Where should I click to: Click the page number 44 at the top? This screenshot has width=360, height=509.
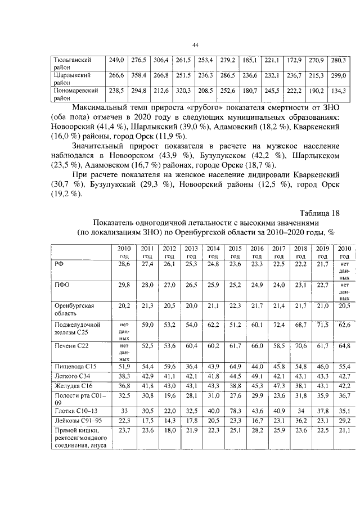click(195, 45)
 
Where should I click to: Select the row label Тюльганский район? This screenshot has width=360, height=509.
click(71, 62)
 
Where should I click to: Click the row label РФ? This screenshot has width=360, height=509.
click(58, 263)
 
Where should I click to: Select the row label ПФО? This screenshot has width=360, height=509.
click(61, 285)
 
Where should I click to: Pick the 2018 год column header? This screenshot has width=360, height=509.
click(301, 251)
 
